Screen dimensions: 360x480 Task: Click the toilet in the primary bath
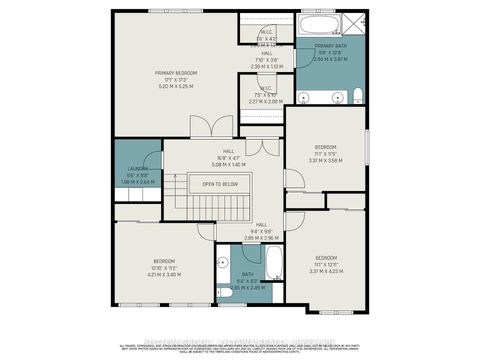point(356,96)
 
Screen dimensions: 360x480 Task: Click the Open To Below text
point(220,184)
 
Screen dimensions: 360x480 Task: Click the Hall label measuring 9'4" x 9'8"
point(261,225)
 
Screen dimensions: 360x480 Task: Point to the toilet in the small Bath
point(224,291)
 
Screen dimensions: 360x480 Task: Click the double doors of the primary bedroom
point(204,127)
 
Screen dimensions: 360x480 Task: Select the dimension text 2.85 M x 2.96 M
point(261,238)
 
